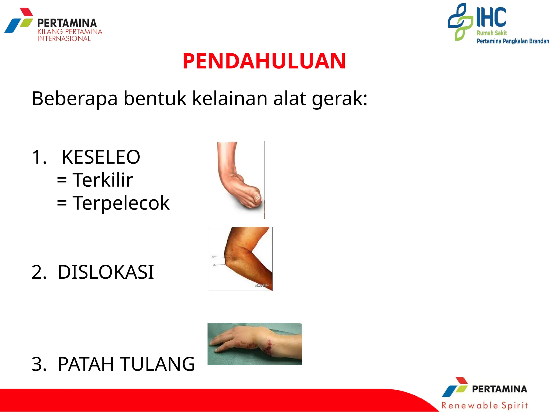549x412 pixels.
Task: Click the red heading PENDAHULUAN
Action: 264,61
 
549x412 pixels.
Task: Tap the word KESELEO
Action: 101,157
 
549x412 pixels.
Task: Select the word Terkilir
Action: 103,180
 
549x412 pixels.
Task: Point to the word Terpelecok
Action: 121,203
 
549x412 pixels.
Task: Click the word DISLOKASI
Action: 106,272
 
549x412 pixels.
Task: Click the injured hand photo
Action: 255,344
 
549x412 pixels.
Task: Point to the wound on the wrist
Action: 268,347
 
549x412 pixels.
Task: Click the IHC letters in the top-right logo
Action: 491,17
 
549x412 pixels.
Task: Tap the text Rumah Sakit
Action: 492,33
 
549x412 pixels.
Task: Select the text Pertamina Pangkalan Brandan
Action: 513,41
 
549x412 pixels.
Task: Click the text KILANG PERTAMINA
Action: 70,32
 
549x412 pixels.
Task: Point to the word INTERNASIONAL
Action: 64,39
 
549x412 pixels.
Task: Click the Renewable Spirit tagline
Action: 485,405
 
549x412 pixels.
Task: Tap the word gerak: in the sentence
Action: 340,98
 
